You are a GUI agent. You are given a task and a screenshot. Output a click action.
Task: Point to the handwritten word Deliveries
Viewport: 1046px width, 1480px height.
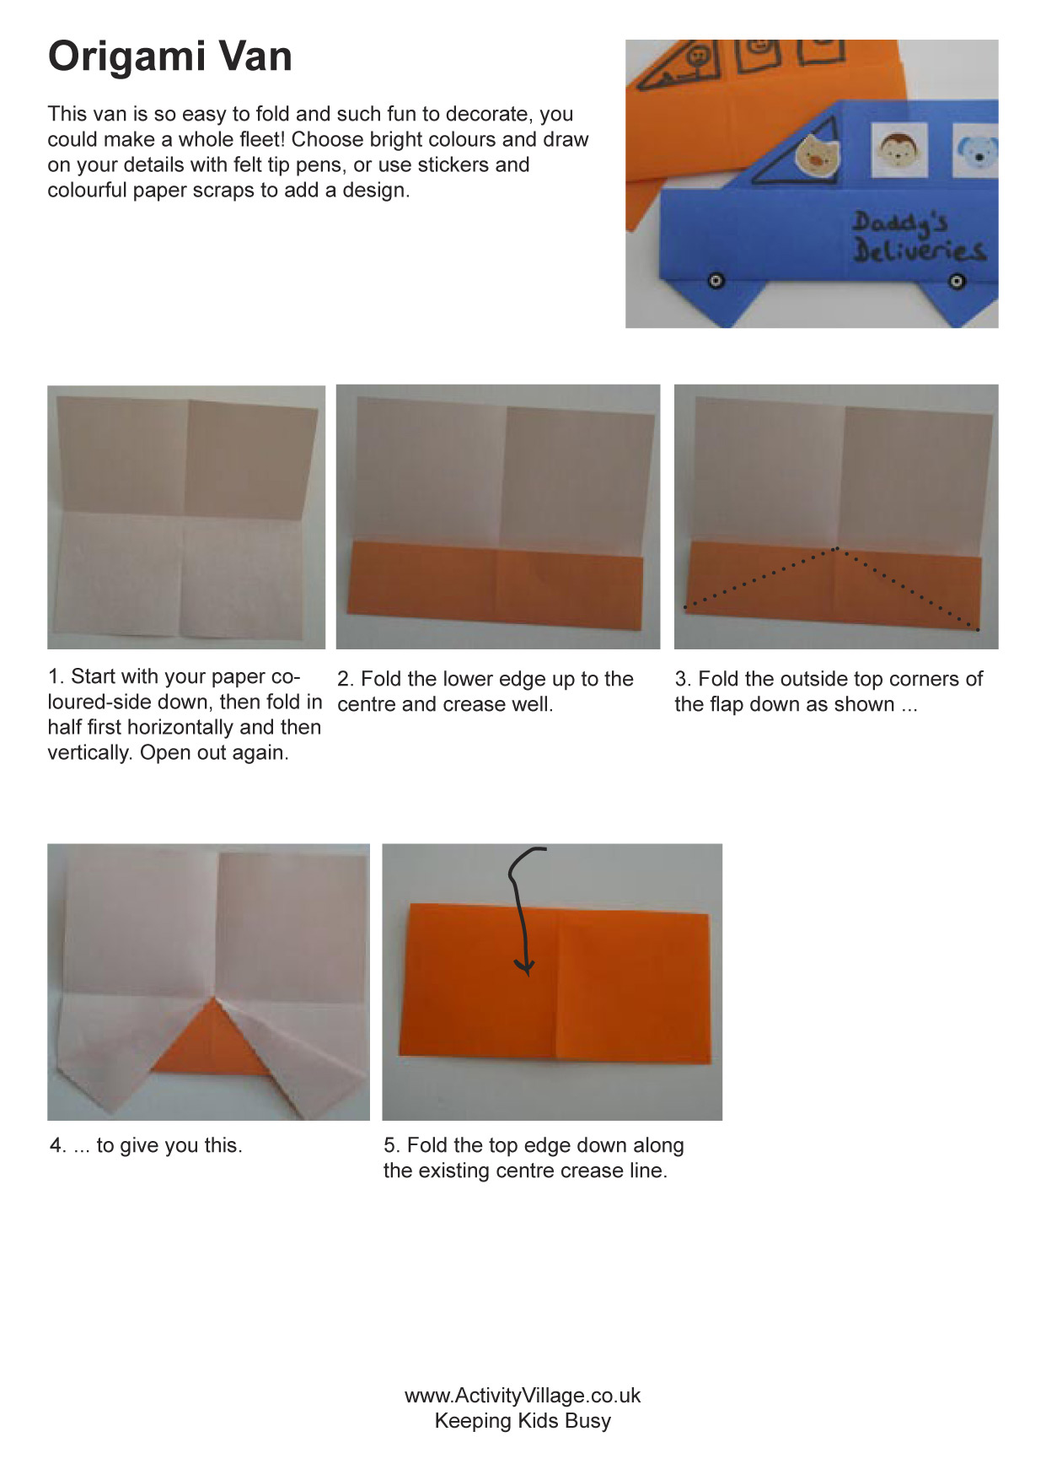pos(919,250)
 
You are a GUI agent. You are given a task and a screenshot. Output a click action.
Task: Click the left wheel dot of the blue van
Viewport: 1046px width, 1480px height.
pos(716,280)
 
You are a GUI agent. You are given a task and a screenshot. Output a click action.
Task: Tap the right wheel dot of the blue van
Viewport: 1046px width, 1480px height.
pos(957,281)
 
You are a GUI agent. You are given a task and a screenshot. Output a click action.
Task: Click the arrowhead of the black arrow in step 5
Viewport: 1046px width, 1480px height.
pos(525,966)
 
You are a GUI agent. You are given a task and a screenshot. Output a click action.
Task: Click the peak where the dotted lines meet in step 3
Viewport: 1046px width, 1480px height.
pos(835,549)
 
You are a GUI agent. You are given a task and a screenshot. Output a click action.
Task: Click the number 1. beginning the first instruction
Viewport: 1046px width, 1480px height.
pos(56,676)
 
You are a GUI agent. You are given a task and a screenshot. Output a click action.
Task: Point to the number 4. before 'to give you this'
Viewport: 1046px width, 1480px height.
pos(57,1145)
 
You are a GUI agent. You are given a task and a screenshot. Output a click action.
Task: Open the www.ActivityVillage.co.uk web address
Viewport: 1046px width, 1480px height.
pos(523,1396)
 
